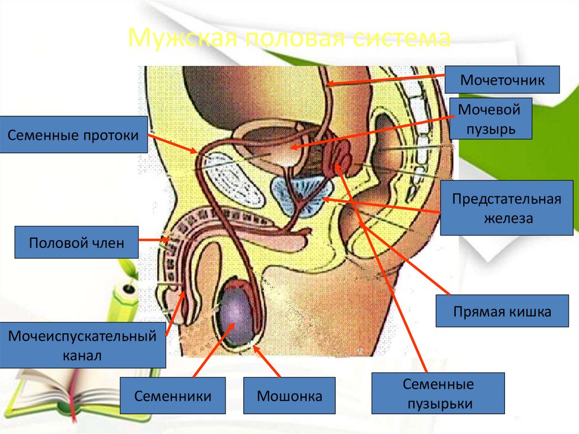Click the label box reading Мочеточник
[502, 79]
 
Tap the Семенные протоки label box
[74, 135]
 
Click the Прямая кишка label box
[502, 311]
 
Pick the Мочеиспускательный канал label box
[83, 346]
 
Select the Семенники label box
[172, 396]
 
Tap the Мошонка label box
[289, 396]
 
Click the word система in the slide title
[407, 38]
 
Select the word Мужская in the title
[171, 38]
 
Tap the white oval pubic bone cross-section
[233, 181]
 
